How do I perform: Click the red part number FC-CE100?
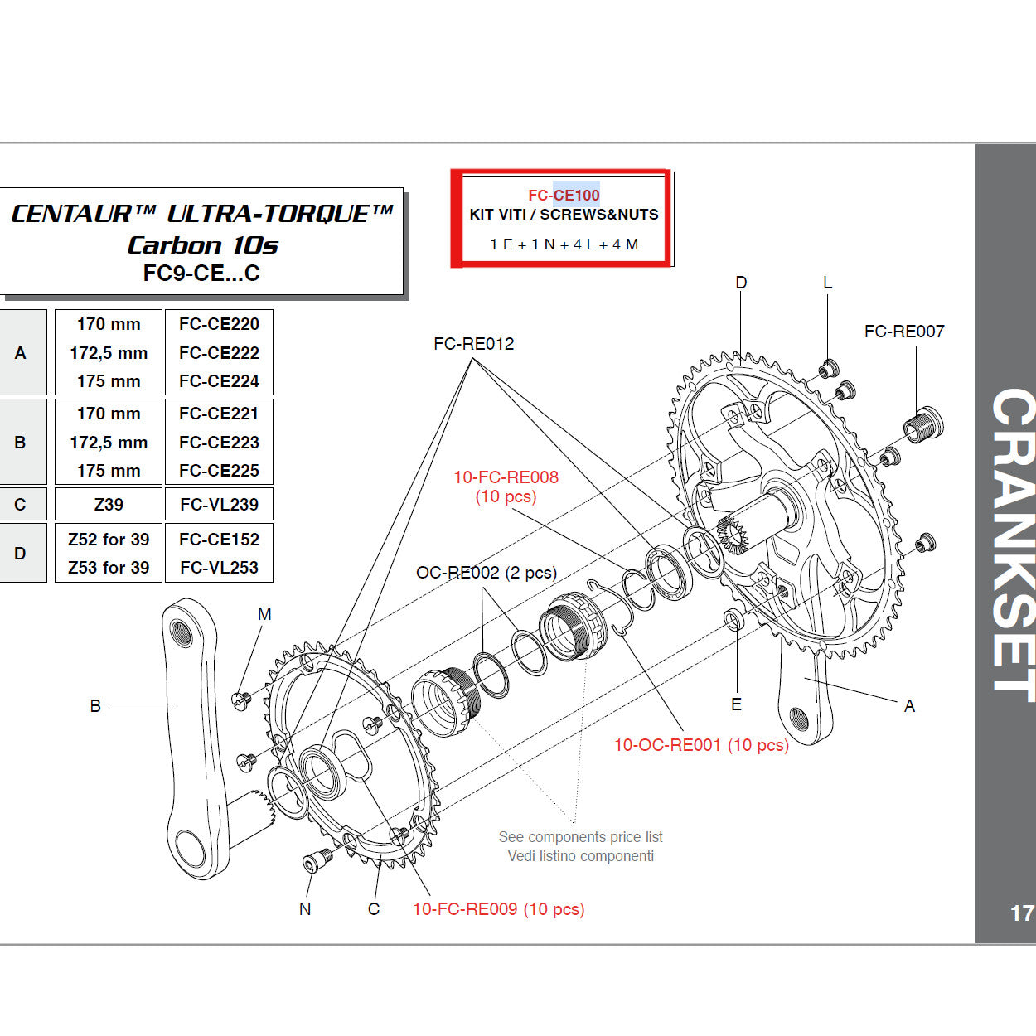pos(564,196)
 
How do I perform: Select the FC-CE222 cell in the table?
pos(219,353)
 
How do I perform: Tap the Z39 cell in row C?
pos(109,505)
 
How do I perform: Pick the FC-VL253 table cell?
pos(219,568)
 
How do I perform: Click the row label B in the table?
pos(21,443)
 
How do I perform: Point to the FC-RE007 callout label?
pos(903,332)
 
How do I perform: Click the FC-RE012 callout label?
pos(473,344)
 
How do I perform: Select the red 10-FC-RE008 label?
pos(506,477)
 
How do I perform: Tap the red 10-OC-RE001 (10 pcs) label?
pos(701,745)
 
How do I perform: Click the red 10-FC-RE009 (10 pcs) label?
pos(498,909)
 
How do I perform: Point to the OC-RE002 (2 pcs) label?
pos(486,573)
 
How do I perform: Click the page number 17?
pos(1021,913)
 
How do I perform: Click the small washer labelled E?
pos(734,620)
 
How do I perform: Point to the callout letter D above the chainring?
pos(741,283)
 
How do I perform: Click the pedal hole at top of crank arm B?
pos(182,633)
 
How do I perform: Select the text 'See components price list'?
pos(580,837)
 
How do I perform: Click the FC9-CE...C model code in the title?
pos(201,274)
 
